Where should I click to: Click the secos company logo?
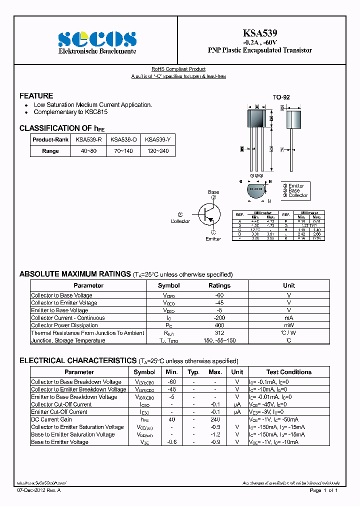pyautogui.click(x=97, y=39)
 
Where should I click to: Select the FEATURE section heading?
pyautogui.click(x=36, y=95)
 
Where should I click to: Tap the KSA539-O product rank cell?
pyautogui.click(x=123, y=139)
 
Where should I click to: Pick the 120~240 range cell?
pyautogui.click(x=157, y=150)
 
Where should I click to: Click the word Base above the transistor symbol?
pyautogui.click(x=213, y=192)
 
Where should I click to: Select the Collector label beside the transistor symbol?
pyautogui.click(x=180, y=221)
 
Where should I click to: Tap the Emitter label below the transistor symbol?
pyautogui.click(x=213, y=239)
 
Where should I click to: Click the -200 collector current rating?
pyautogui.click(x=219, y=318)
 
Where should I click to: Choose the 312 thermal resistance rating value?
pyautogui.click(x=219, y=333)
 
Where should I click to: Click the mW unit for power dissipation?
pyautogui.click(x=288, y=325)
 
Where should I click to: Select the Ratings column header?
pyautogui.click(x=219, y=285)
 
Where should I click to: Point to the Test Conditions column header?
pyautogui.click(x=288, y=372)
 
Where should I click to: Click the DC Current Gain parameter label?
pyautogui.click(x=51, y=419)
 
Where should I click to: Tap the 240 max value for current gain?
pyautogui.click(x=215, y=419)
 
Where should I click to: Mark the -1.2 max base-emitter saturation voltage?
pyautogui.click(x=215, y=434)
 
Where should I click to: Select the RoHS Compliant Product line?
pyautogui.click(x=178, y=69)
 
